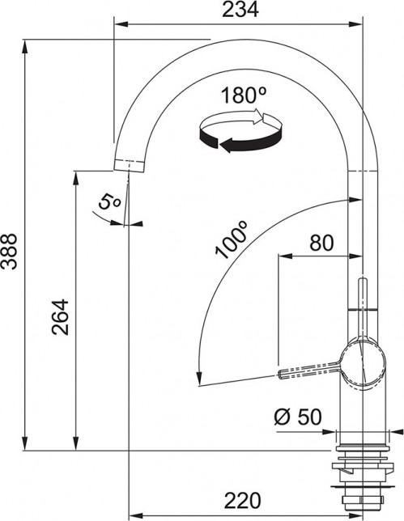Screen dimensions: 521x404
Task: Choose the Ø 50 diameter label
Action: pos(298,417)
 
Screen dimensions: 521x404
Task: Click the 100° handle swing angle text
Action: pos(231,240)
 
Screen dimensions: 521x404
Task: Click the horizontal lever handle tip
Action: pos(283,374)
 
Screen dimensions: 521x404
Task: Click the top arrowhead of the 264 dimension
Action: pos(75,176)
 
